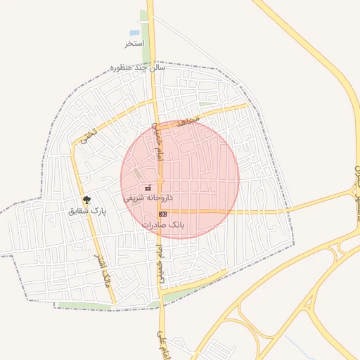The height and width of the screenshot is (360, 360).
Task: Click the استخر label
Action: (x=134, y=44)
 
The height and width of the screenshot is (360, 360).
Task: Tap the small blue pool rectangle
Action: (x=134, y=32)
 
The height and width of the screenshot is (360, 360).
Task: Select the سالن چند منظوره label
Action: (x=138, y=68)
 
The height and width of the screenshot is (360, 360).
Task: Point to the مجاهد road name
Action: (x=188, y=120)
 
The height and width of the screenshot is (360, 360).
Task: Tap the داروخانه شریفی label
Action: (x=148, y=198)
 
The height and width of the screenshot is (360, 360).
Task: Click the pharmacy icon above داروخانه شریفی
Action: (x=148, y=188)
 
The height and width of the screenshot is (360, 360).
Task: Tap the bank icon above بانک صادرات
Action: (x=163, y=213)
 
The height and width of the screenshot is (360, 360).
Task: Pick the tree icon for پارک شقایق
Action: (x=86, y=200)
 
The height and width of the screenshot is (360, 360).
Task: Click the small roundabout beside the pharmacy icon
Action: (x=160, y=184)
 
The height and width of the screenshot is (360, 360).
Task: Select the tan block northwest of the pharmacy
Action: (x=138, y=173)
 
